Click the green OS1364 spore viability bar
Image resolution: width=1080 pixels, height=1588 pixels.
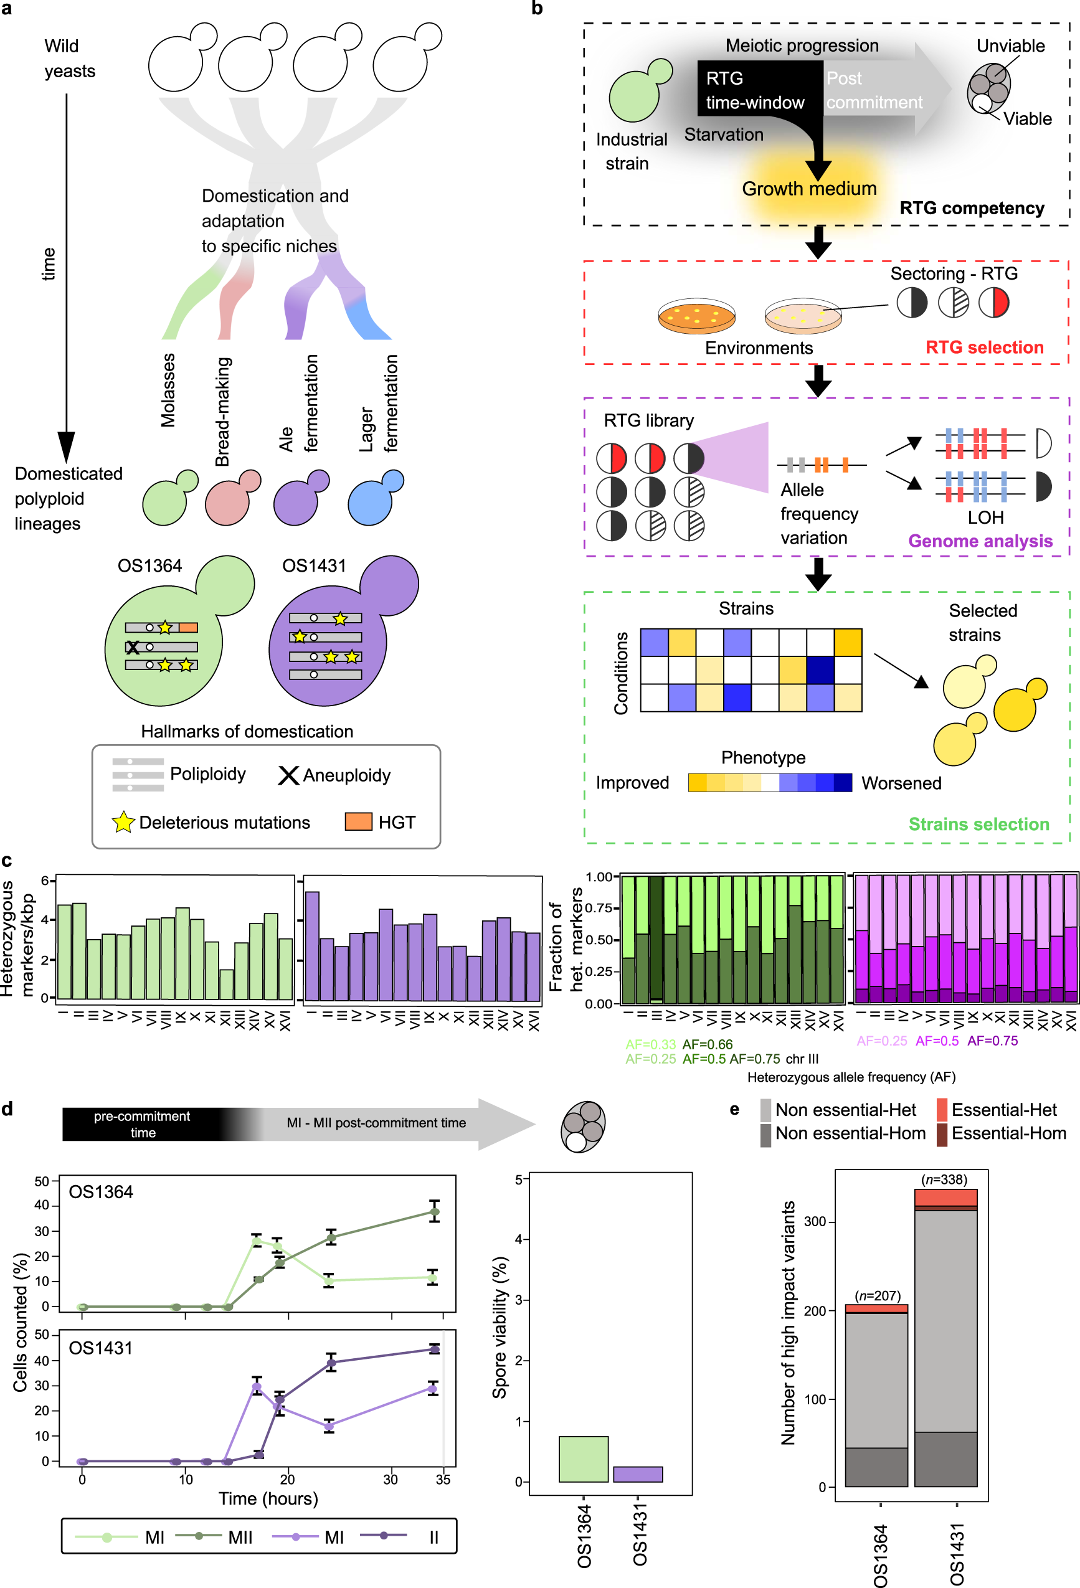point(583,1458)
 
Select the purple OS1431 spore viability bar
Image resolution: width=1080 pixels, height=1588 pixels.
point(637,1474)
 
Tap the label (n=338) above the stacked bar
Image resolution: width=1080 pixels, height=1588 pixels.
point(944,1179)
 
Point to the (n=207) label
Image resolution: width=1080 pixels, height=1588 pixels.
point(877,1295)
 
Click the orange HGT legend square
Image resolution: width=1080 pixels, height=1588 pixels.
point(358,821)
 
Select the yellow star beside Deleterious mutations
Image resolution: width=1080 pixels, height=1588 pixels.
point(123,822)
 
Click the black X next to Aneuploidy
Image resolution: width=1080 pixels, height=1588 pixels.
point(288,775)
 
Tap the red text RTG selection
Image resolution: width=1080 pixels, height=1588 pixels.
point(983,347)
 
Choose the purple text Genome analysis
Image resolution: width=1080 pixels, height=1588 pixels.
point(980,541)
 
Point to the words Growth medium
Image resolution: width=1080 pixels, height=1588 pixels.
point(808,189)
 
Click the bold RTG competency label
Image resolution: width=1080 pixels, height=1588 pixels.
point(972,208)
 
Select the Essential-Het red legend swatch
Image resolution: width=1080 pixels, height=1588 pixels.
point(941,1110)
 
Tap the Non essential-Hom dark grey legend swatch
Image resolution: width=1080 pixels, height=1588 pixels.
point(765,1133)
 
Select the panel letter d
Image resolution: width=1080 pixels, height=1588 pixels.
point(7,1108)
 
